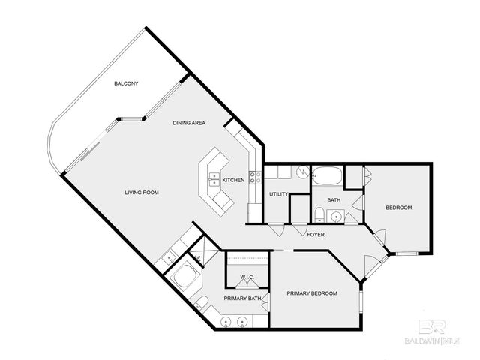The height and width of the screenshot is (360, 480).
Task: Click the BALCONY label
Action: click(125, 83)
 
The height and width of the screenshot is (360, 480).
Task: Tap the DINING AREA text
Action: click(189, 123)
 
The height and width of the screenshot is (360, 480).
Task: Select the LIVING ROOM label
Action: click(142, 193)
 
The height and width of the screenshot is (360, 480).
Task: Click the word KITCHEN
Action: click(233, 180)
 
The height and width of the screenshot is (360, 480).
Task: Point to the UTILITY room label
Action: click(279, 195)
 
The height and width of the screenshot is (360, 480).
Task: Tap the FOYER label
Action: click(316, 235)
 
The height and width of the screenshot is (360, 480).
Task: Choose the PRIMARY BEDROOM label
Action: click(312, 293)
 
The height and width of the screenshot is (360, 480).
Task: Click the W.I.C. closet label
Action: click(247, 277)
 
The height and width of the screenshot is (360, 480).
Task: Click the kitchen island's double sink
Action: click(214, 178)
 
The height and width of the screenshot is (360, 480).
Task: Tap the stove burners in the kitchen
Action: click(256, 178)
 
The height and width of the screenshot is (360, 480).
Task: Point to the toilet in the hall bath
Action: click(319, 217)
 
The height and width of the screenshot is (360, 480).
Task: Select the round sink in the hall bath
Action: click(336, 217)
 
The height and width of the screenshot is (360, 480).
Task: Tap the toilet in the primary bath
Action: click(201, 303)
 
